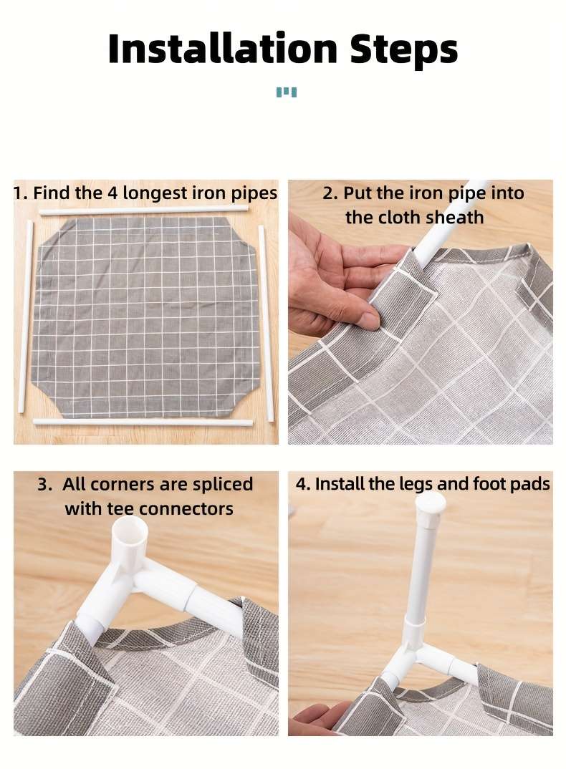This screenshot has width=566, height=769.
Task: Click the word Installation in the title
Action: coord(222,48)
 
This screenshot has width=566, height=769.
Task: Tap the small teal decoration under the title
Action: coord(286,92)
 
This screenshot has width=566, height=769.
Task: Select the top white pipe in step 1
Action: coord(143,211)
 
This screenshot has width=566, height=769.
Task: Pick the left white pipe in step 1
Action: coord(26,316)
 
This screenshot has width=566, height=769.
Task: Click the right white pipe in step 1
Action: coord(266,323)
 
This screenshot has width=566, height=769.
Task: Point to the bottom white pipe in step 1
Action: coord(143,421)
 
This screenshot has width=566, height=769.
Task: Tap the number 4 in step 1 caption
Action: coord(113,193)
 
